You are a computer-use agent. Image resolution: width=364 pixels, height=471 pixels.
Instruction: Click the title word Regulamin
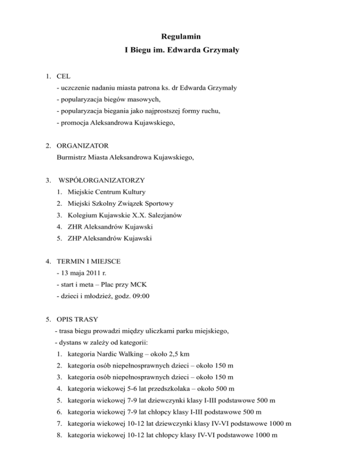[182, 36]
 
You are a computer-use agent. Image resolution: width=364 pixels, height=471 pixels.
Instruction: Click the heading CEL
[64, 75]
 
